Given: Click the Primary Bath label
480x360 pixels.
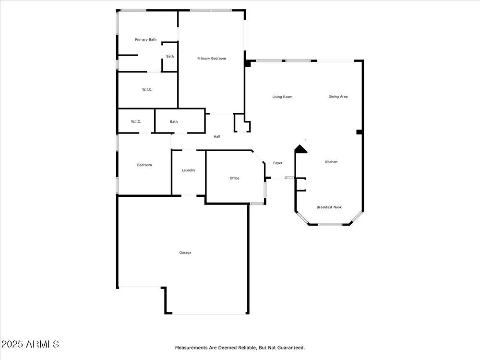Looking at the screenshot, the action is pos(146,39).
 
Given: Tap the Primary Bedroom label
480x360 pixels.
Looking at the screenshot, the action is pos(212,59).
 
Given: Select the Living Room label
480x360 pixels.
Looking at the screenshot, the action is pos(282,97).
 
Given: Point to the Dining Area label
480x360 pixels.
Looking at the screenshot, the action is pos(338,96).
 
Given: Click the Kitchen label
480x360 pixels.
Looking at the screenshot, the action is pos(331,162).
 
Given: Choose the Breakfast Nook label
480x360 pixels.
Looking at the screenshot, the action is pos(329,207).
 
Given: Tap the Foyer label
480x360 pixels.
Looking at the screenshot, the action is pos(277,163).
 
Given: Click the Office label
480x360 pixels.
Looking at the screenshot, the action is pos(235,178).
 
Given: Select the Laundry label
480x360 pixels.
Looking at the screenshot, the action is pos(188,170).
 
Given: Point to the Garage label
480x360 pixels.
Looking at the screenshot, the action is pos(185,252).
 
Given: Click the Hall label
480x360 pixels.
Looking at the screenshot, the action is pos(217,136).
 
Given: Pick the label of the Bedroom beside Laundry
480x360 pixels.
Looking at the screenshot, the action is pos(144,165).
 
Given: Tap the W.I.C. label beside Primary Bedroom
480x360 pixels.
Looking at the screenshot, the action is pos(147,89).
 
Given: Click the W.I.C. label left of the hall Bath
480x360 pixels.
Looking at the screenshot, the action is pos(136,121).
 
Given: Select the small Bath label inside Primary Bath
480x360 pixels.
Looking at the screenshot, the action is pos(170,56).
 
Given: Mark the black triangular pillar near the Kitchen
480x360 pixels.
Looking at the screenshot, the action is pos(300,149).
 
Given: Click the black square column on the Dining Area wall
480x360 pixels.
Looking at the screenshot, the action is pos(360,132).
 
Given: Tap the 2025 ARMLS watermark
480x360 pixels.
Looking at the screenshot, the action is pos(30,344).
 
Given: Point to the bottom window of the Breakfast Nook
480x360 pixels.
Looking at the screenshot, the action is pos(330,225).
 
